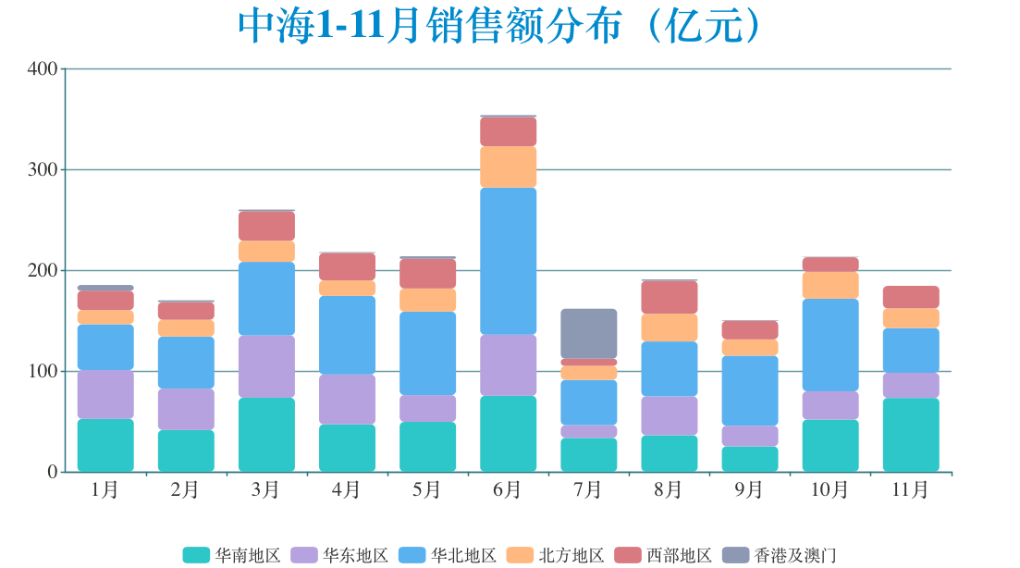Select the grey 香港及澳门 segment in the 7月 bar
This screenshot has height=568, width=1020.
pos(588,333)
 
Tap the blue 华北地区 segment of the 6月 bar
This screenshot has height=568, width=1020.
pos(508,261)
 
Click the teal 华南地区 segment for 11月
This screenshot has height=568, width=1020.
pos(910,435)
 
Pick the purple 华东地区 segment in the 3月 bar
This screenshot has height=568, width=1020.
pos(266,366)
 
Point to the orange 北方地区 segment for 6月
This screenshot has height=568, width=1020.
pos(508,167)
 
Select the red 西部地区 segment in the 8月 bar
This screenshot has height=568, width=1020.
pos(669,297)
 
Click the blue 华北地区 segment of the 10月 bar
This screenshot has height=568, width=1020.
pos(830,345)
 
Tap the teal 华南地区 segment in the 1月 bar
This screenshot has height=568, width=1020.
pos(105,445)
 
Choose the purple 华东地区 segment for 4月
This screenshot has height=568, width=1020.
pos(347,400)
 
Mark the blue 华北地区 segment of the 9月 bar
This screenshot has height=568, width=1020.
pos(749,390)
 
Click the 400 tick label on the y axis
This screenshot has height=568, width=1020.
pos(43,69)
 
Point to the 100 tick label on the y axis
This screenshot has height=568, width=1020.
pos(43,372)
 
